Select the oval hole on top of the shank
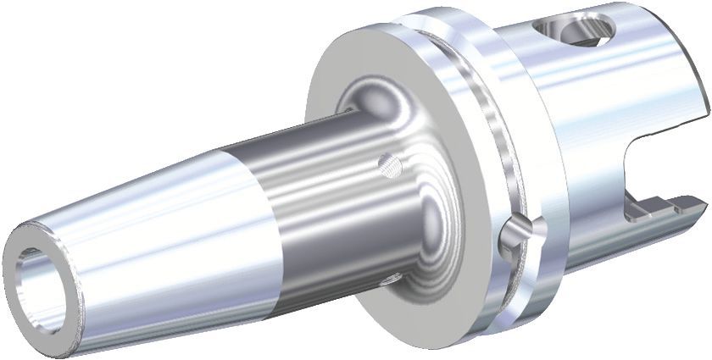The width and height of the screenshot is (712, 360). point(577,28)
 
